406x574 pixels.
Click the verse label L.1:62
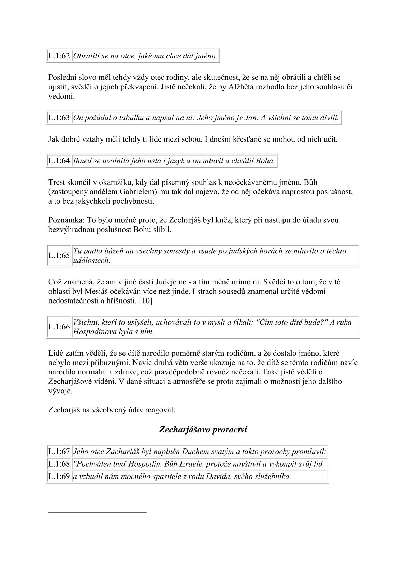[59, 56]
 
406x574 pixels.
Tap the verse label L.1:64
[59, 161]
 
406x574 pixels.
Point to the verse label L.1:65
[59, 255]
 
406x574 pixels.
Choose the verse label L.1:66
[59, 327]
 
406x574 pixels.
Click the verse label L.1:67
[59, 452]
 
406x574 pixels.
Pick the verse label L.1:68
[59, 464]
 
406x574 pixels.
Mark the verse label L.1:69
[59, 476]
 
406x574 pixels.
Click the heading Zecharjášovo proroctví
[203, 430]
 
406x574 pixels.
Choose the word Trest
[56, 182]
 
